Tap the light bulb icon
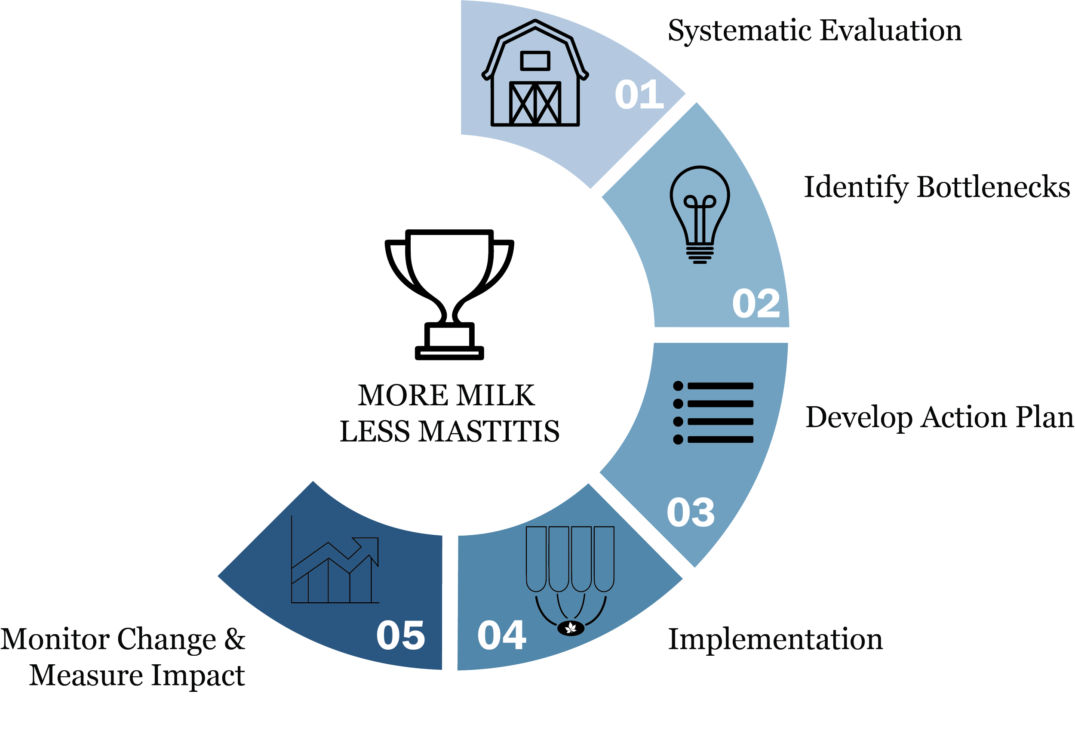pyautogui.click(x=700, y=214)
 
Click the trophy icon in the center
pyautogui.click(x=448, y=294)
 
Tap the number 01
pyautogui.click(x=639, y=95)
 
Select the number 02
pyautogui.click(x=756, y=304)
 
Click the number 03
pyautogui.click(x=691, y=512)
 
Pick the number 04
pyautogui.click(x=502, y=635)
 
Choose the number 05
pyautogui.click(x=401, y=635)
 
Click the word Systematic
pyautogui.click(x=740, y=31)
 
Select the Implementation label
pyautogui.click(x=776, y=640)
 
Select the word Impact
pyautogui.click(x=198, y=676)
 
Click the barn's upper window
pyautogui.click(x=535, y=61)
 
